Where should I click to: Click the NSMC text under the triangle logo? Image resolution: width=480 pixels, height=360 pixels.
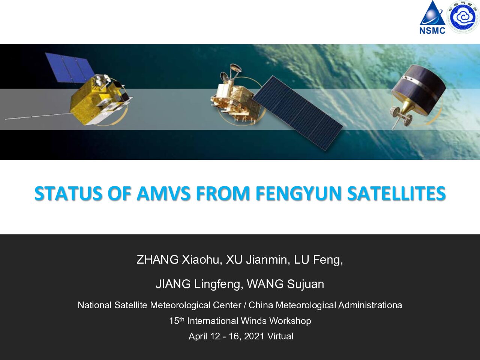pyautogui.click(x=432, y=30)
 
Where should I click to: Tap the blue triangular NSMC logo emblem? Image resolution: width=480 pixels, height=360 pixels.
pyautogui.click(x=432, y=13)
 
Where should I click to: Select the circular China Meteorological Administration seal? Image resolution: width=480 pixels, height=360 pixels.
pyautogui.click(x=463, y=17)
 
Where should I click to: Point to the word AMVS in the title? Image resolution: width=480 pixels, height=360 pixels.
pyautogui.click(x=164, y=193)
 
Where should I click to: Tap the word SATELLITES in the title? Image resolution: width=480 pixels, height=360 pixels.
pyautogui.click(x=396, y=193)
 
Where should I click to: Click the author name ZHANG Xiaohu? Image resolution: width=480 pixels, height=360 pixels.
pyautogui.click(x=178, y=259)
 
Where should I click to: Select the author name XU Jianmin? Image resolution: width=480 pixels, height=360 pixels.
pyautogui.click(x=257, y=259)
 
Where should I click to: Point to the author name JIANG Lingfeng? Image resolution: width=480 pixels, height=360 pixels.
pyautogui.click(x=198, y=284)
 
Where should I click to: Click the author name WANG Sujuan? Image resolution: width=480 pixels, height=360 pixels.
pyautogui.click(x=285, y=284)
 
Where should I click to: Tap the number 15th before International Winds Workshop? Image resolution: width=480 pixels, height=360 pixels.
pyautogui.click(x=177, y=321)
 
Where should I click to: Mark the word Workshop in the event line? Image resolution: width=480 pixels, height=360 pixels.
pyautogui.click(x=290, y=321)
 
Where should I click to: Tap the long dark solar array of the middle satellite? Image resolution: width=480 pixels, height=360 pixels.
pyautogui.click(x=298, y=113)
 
